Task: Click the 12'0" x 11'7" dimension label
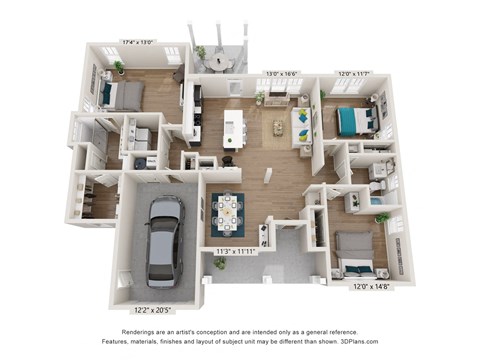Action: [x=352, y=73]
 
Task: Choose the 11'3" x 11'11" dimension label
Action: [x=237, y=251]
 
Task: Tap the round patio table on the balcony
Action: [x=222, y=61]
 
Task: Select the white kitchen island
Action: [x=234, y=125]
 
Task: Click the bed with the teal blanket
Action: [x=354, y=119]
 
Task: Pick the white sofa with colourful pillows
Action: [x=299, y=126]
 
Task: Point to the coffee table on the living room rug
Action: [x=279, y=127]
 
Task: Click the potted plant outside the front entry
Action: [x=219, y=263]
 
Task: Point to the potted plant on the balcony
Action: [x=201, y=51]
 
